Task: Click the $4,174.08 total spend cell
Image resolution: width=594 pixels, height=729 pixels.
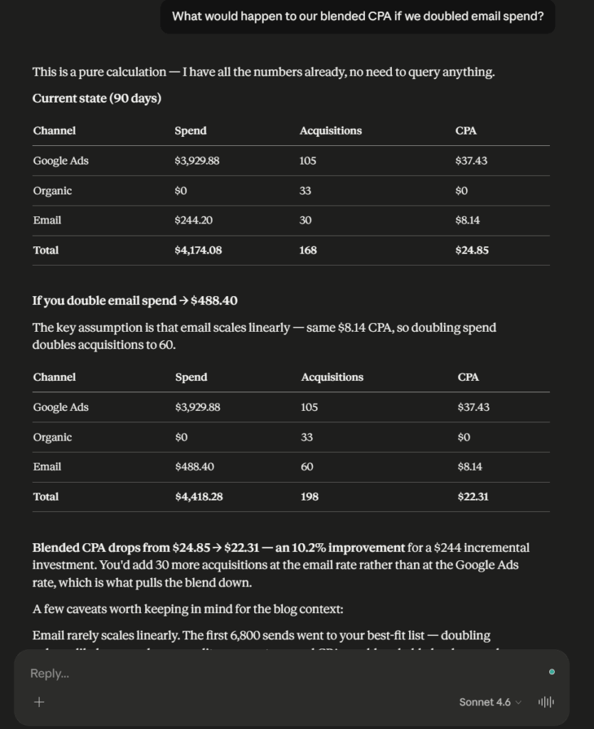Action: point(196,251)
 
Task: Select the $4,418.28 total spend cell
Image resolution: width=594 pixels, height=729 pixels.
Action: point(198,497)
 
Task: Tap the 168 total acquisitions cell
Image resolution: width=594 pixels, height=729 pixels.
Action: point(308,251)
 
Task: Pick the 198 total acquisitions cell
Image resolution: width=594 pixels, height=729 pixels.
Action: point(309,497)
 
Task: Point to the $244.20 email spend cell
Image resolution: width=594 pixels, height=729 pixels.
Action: point(193,221)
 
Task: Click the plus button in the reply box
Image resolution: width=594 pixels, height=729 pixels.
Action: point(39,702)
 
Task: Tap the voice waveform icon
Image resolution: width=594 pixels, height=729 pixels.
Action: point(546,702)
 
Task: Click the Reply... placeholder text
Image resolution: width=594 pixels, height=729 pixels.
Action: point(49,673)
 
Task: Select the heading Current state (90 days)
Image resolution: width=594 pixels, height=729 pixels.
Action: point(97,99)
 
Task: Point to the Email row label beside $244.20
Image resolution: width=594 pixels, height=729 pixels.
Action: point(47,221)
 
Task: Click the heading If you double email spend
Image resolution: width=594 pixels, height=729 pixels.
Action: point(134,300)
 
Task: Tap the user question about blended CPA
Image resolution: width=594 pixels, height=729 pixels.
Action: point(358,16)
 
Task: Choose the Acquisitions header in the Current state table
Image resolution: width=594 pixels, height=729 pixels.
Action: point(330,131)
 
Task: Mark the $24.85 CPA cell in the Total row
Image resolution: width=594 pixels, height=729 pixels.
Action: point(472,251)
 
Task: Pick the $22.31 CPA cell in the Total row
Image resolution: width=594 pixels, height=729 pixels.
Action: point(473,497)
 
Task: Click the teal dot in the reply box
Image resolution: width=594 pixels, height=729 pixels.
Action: point(552,672)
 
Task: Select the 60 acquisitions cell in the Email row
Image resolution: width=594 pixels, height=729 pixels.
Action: point(307,467)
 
